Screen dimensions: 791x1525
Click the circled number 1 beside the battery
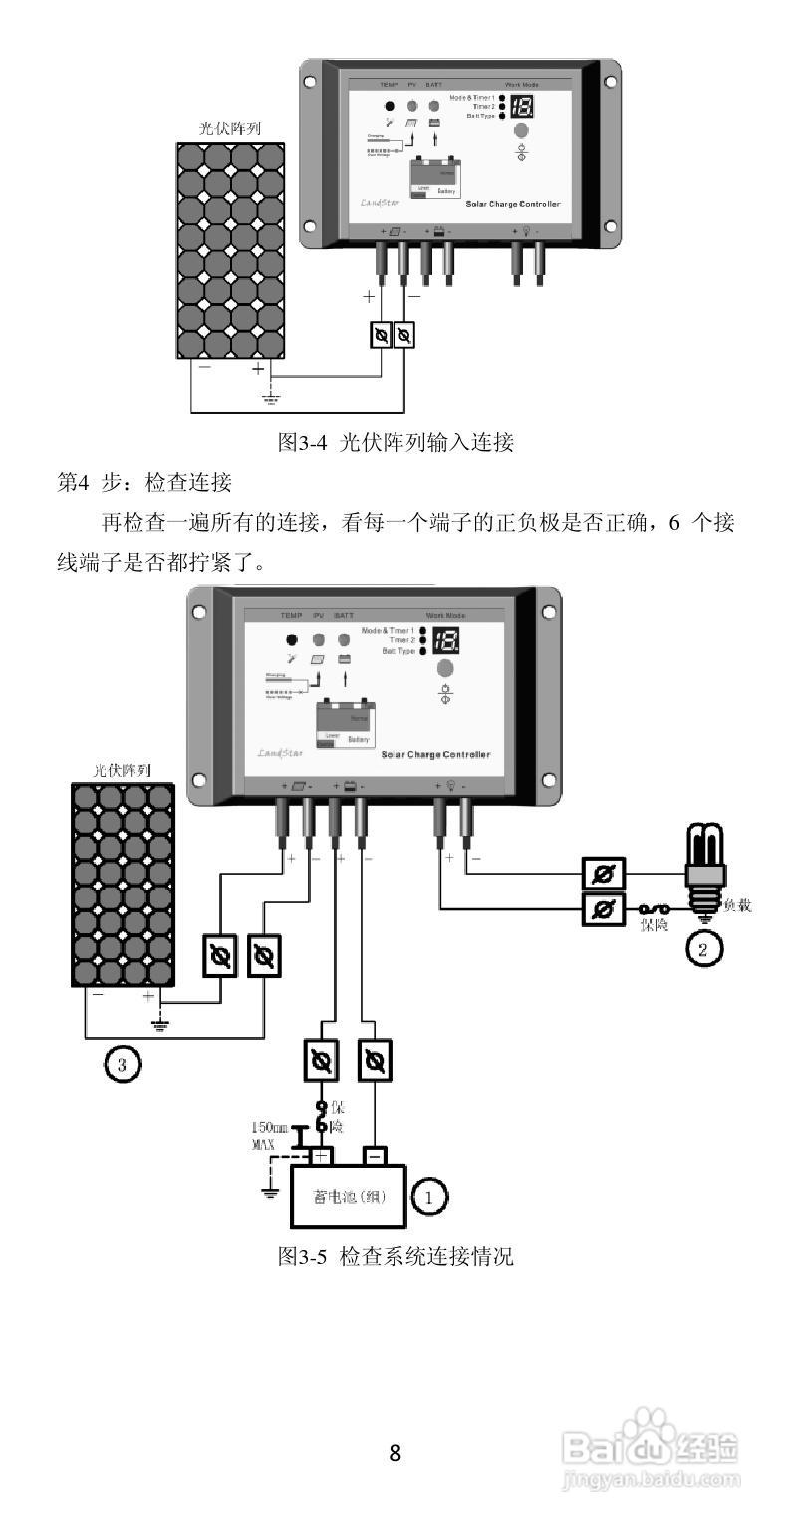(x=430, y=1196)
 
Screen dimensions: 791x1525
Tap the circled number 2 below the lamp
(x=702, y=949)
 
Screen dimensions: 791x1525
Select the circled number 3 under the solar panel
(x=122, y=1066)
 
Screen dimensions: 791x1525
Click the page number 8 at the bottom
(x=395, y=1453)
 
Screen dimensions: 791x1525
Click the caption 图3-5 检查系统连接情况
(x=395, y=1256)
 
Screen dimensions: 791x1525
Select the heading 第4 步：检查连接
(x=144, y=483)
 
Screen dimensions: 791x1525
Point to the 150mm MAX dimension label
(x=268, y=1137)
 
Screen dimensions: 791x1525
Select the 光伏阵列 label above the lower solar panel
(x=122, y=769)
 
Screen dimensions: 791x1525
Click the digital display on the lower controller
(x=446, y=641)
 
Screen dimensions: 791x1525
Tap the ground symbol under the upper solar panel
(x=269, y=399)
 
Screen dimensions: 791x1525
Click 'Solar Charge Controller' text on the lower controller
(x=435, y=755)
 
